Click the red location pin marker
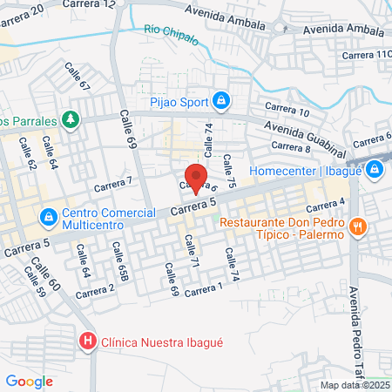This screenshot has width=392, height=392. (x=197, y=178)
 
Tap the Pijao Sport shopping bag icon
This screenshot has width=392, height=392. (x=221, y=102)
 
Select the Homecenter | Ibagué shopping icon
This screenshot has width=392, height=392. (x=375, y=169)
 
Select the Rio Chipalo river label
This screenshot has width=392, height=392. (x=168, y=31)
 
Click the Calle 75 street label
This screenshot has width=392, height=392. (x=229, y=170)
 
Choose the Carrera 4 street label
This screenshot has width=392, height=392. (x=327, y=205)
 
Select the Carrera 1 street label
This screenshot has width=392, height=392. (x=205, y=287)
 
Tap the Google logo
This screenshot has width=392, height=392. (x=29, y=381)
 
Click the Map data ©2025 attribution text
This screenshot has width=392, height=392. (x=355, y=385)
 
